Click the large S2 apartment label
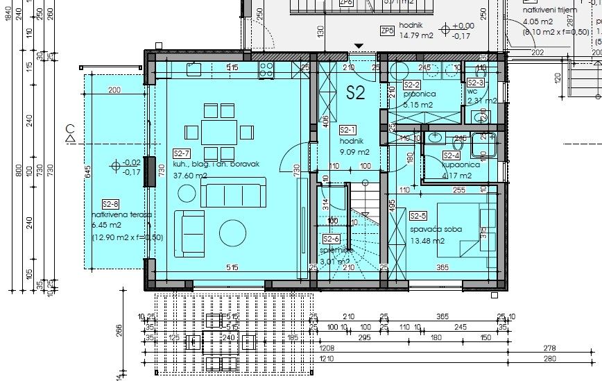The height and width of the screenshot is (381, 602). (356, 94)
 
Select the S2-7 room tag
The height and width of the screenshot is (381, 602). (181, 153)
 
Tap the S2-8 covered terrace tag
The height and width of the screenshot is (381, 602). (110, 204)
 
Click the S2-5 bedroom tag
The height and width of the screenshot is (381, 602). (418, 216)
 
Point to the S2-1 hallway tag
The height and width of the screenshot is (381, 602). (347, 130)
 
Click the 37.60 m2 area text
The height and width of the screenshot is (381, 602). (191, 176)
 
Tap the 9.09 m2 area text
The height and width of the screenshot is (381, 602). (354, 151)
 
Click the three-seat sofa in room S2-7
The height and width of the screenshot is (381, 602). (232, 192)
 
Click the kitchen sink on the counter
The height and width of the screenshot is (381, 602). (193, 68)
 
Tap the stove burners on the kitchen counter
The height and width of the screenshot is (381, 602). (266, 68)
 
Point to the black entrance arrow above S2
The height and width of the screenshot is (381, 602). (358, 46)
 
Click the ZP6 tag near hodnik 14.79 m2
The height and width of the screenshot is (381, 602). (387, 31)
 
